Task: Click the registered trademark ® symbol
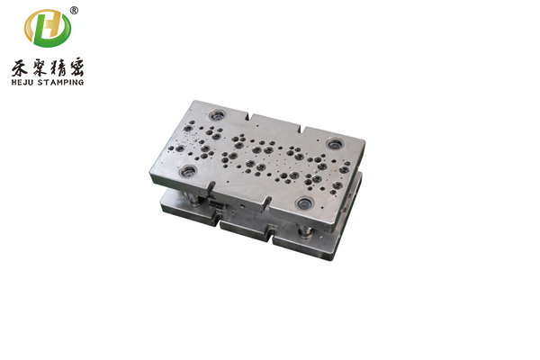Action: pyautogui.click(x=74, y=11)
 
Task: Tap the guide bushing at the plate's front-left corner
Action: pyautogui.click(x=188, y=170)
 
